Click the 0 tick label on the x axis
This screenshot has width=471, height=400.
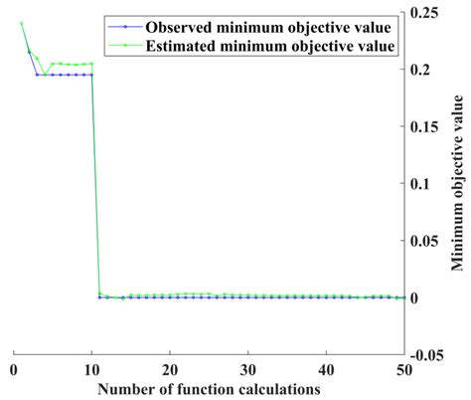click(x=14, y=367)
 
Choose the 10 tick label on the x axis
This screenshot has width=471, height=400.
click(x=91, y=367)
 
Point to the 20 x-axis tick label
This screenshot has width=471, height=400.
click(x=170, y=367)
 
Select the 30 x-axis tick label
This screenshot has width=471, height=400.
click(x=247, y=367)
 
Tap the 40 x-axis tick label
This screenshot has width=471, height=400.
click(x=326, y=367)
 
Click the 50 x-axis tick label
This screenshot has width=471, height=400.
click(x=402, y=367)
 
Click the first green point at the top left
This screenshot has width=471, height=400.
click(x=21, y=24)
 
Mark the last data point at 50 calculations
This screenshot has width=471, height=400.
click(x=402, y=298)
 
